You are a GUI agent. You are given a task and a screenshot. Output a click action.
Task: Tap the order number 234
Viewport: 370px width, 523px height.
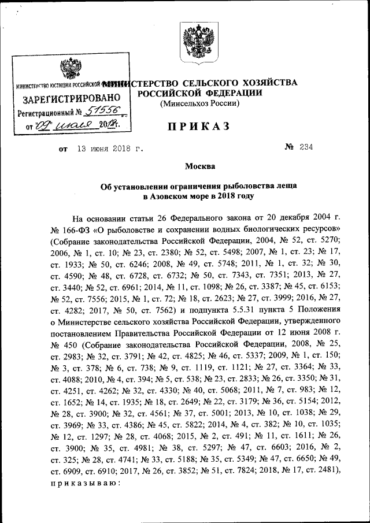(305, 147)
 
